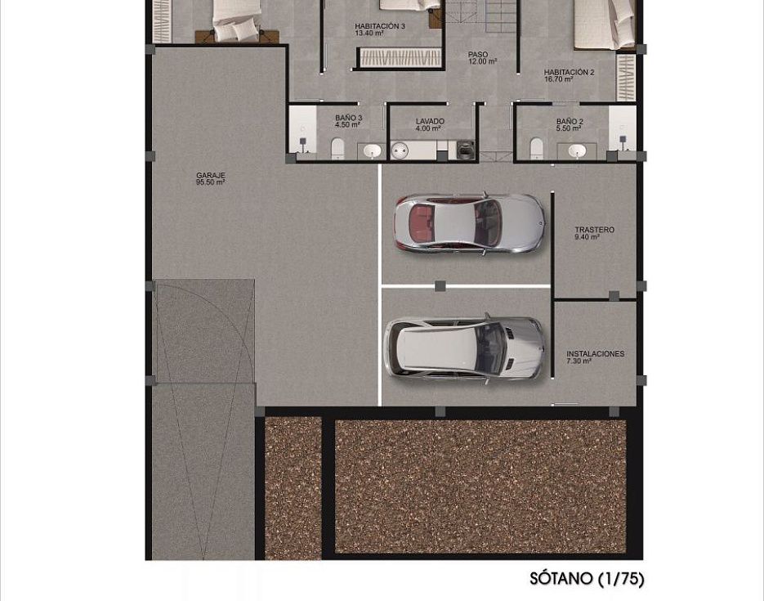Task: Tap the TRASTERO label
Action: point(594,230)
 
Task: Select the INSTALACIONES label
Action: point(595,354)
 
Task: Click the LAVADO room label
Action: point(430,121)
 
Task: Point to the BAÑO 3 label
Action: point(348,118)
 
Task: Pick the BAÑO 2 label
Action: point(570,121)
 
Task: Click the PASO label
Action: point(478,55)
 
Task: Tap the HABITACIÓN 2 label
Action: point(569,72)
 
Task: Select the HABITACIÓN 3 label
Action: point(380,26)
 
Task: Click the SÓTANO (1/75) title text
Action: point(588,579)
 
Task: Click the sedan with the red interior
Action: point(469,222)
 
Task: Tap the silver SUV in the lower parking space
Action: point(464,348)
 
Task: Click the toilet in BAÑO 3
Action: point(337,149)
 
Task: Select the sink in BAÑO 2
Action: point(577,151)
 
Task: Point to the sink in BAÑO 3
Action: point(373,151)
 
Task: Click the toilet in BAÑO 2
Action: point(537,148)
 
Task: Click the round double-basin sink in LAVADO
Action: point(400,150)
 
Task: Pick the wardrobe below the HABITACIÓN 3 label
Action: point(400,59)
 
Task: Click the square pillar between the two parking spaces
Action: point(440,286)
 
